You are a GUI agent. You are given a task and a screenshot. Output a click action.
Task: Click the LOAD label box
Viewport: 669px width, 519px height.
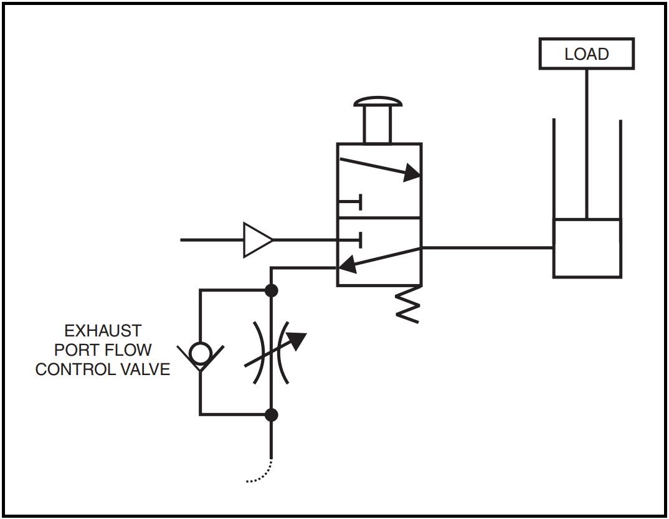[x=586, y=54]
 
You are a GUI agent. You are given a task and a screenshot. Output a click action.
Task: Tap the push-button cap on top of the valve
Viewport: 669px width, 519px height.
[x=376, y=102]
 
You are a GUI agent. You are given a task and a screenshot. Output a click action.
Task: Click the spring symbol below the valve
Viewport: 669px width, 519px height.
[x=408, y=304]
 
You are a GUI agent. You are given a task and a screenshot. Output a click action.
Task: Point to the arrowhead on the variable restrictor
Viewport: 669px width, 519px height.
[x=298, y=340]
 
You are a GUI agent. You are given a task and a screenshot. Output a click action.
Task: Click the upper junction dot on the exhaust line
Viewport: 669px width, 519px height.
[x=271, y=290]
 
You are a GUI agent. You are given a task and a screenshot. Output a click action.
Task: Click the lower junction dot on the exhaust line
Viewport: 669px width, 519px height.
[x=271, y=414]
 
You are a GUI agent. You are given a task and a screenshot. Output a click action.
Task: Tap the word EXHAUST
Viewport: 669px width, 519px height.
[x=103, y=330]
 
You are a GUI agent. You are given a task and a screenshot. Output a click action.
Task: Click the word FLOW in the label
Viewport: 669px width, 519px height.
[x=128, y=350]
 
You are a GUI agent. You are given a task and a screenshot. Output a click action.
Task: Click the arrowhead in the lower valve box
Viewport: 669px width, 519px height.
[x=347, y=265]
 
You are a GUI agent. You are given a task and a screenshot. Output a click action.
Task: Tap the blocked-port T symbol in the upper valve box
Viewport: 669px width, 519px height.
[x=351, y=202]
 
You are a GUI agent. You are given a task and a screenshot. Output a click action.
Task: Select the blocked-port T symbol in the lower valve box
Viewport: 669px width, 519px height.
[x=351, y=239]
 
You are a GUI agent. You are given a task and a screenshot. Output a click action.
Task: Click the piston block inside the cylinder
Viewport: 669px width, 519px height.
[x=587, y=248]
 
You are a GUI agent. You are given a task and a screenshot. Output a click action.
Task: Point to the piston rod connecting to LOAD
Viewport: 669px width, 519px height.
[x=586, y=143]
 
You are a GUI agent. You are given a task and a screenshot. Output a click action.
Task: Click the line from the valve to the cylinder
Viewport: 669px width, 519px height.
[x=486, y=247]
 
